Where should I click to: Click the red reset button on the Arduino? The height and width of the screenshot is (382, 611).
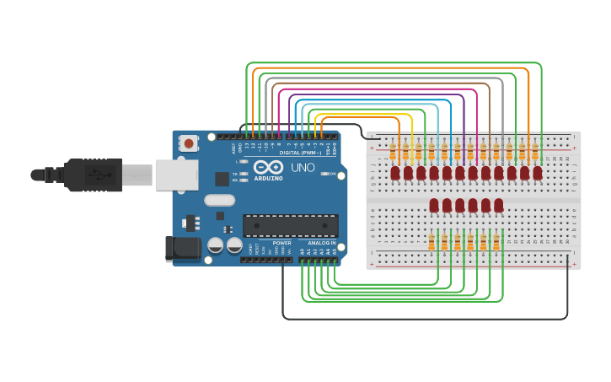(189, 143)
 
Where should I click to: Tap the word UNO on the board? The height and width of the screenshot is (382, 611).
(303, 168)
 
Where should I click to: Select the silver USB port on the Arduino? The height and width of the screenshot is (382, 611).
(176, 175)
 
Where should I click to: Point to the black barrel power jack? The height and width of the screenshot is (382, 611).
(182, 248)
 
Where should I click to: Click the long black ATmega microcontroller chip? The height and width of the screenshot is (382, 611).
(290, 225)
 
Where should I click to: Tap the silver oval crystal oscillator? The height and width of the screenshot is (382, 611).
(219, 201)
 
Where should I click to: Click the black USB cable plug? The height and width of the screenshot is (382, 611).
(93, 175)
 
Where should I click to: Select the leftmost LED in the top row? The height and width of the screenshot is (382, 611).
(395, 173)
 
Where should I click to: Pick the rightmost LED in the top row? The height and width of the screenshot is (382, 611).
(538, 173)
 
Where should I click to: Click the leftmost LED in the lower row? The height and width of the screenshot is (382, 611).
(434, 205)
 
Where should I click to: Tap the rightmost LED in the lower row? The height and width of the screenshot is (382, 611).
(499, 205)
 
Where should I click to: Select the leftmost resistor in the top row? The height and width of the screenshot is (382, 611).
(393, 152)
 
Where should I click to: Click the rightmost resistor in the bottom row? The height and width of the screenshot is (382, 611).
(496, 243)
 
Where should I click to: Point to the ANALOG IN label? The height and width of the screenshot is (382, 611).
(320, 243)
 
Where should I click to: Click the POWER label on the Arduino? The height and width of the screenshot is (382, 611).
(281, 243)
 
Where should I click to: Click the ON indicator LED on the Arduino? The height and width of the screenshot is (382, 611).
(324, 174)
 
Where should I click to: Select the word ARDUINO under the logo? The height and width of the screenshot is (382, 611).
(269, 178)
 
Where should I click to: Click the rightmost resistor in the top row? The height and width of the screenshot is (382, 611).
(535, 152)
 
